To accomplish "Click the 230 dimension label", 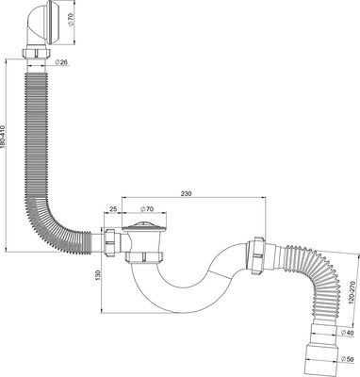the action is point(186,193).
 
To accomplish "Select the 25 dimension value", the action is point(113,209).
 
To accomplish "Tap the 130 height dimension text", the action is point(97,275).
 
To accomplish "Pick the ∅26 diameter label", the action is point(61,63).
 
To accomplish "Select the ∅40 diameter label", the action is point(347,333).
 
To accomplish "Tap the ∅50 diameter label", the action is point(347,359).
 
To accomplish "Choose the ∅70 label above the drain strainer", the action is point(146,209).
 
